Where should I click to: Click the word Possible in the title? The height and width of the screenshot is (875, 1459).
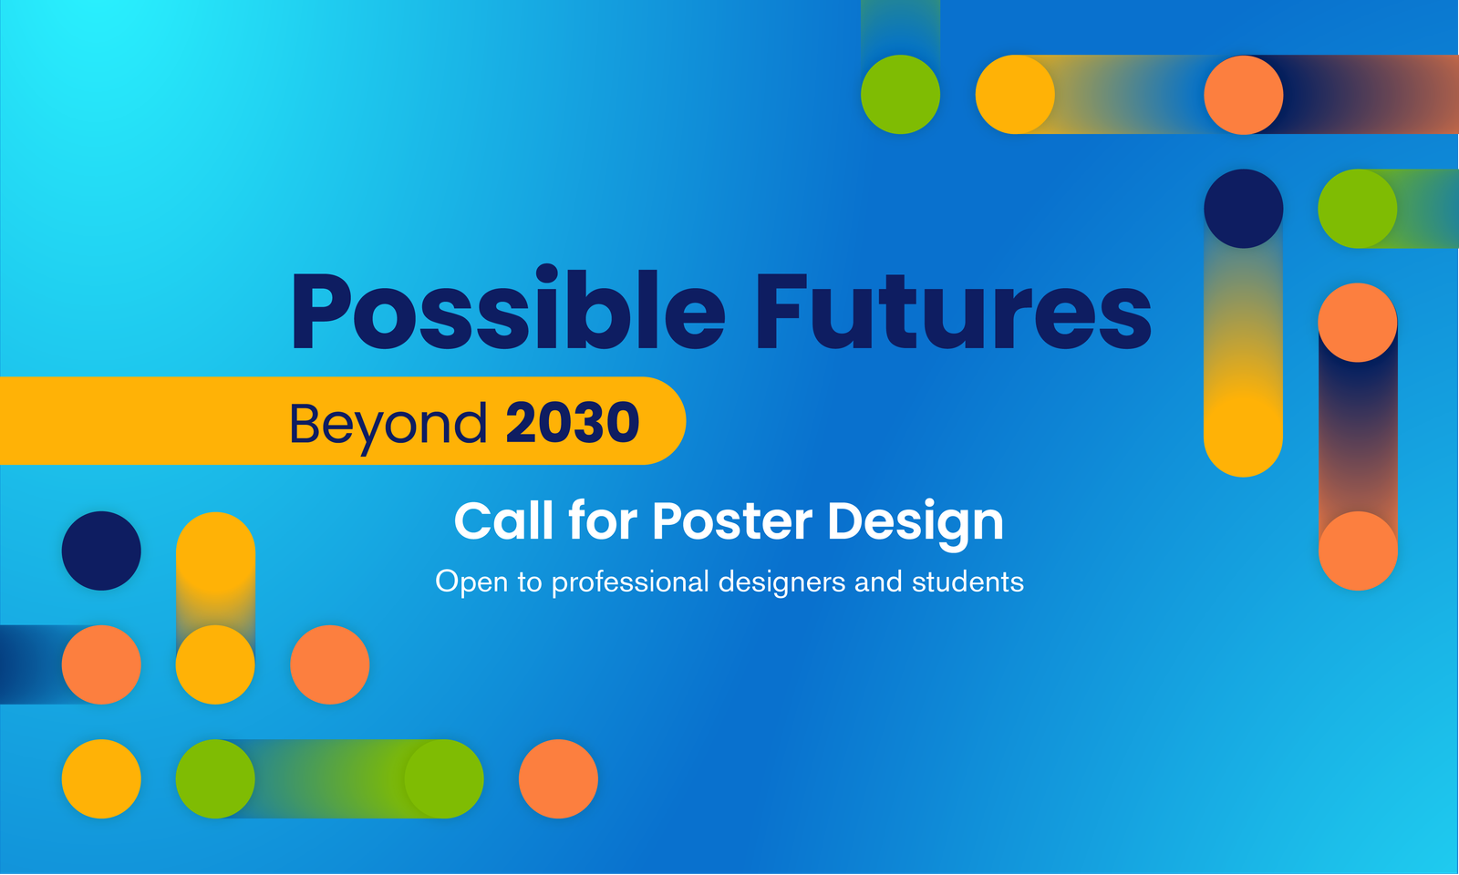click(x=508, y=311)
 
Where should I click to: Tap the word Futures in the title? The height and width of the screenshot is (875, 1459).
click(x=953, y=311)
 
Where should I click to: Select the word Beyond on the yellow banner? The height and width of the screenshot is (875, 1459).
click(x=388, y=425)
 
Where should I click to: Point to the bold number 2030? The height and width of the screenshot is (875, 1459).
click(x=573, y=422)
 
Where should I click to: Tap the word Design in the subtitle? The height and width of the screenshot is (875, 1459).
click(x=916, y=525)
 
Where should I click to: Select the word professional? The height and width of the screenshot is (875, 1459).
click(x=630, y=582)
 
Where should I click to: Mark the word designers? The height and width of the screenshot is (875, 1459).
click(x=781, y=582)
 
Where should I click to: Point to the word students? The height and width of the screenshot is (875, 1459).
click(x=967, y=582)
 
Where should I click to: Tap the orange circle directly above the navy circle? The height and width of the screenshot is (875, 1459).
click(x=1244, y=95)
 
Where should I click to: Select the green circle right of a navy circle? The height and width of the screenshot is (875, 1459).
click(x=1358, y=209)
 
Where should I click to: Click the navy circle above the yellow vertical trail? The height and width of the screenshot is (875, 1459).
click(x=1244, y=209)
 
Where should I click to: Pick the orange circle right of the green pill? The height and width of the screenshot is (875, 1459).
click(x=558, y=778)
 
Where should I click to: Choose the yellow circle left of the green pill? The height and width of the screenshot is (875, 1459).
click(x=101, y=778)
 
